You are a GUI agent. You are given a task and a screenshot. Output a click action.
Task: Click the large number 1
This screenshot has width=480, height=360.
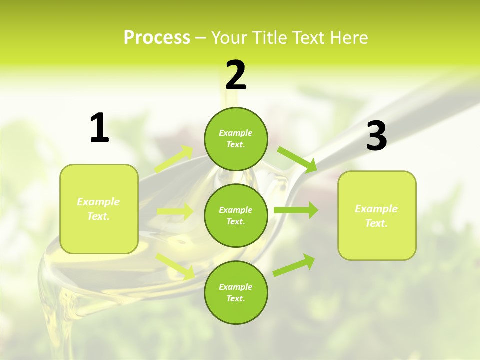[x=99, y=128]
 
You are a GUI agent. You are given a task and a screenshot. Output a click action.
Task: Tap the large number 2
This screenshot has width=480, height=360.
[x=236, y=75]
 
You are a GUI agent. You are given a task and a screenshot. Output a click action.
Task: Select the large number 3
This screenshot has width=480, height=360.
[x=376, y=136]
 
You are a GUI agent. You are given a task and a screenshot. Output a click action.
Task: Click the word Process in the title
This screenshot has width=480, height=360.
[x=157, y=37]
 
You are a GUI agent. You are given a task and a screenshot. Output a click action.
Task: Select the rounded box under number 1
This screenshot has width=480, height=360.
[x=99, y=209]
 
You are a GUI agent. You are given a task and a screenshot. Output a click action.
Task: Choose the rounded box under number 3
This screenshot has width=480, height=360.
[x=377, y=215]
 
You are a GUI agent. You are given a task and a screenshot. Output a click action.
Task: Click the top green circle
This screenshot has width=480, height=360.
[x=236, y=139]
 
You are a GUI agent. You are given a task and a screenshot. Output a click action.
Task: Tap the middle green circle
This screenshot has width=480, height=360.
[x=236, y=215]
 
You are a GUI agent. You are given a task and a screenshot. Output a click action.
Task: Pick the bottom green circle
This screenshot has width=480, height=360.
[x=236, y=292]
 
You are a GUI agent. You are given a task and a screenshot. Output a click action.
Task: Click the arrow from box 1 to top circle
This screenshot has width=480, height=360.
[x=174, y=159]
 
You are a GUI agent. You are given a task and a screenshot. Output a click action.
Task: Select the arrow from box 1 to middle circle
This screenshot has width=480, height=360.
[x=175, y=212]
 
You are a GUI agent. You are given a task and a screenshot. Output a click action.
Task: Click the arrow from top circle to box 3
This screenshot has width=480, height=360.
[x=298, y=159]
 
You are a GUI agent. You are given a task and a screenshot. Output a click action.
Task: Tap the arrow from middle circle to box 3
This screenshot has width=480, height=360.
[x=296, y=210]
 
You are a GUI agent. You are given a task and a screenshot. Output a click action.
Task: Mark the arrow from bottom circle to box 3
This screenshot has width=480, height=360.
[x=294, y=265]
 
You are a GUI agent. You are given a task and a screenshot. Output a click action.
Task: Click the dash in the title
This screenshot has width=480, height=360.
[x=201, y=38]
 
